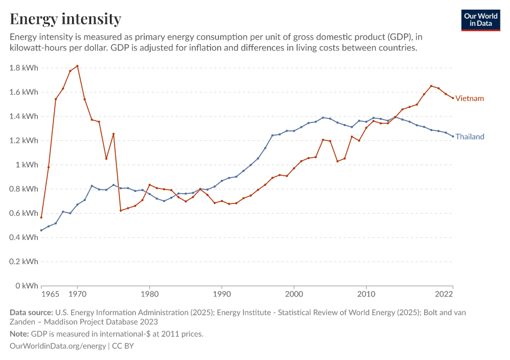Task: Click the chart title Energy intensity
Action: pyautogui.click(x=65, y=19)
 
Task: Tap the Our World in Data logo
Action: pyautogui.click(x=481, y=20)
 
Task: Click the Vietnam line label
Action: pyautogui.click(x=469, y=98)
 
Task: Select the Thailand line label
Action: pyautogui.click(x=470, y=137)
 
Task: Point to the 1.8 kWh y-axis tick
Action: pyautogui.click(x=24, y=68)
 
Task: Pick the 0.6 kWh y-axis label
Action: pyautogui.click(x=24, y=213)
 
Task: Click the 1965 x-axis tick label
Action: pyautogui.click(x=50, y=295)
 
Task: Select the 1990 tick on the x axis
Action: pyautogui.click(x=222, y=295)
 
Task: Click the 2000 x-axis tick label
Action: pyautogui.click(x=294, y=295)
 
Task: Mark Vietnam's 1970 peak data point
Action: pyautogui.click(x=77, y=66)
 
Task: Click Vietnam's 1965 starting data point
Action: pyautogui.click(x=41, y=217)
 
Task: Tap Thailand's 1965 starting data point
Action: pyautogui.click(x=41, y=230)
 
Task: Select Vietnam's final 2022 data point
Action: pyautogui.click(x=453, y=98)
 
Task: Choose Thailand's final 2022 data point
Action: pyautogui.click(x=453, y=136)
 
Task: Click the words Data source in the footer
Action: pyautogui.click(x=31, y=313)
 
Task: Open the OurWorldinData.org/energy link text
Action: pyautogui.click(x=58, y=346)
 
